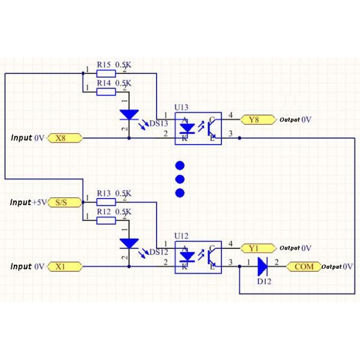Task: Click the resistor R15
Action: point(106,73)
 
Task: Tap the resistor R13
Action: point(106,202)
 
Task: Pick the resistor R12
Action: point(106,220)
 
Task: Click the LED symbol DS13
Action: point(129,114)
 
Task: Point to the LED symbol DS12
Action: point(129,243)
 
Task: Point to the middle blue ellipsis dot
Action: point(179,179)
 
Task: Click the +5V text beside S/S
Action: point(39,203)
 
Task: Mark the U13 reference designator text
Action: point(181,107)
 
